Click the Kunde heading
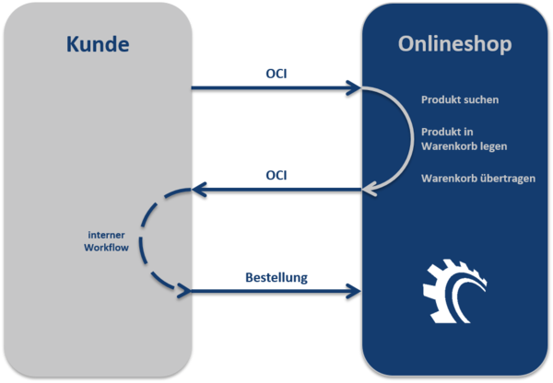click(99, 43)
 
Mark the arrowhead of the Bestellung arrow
click(353, 291)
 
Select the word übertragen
click(500, 178)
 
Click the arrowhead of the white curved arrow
click(371, 190)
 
